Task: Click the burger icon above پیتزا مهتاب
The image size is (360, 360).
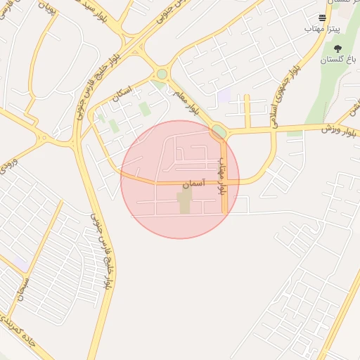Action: pos(322,18)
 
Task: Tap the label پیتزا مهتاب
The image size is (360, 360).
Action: pos(317,30)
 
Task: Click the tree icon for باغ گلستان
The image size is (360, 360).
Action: pos(338,49)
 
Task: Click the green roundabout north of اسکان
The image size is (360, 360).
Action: pos(162,73)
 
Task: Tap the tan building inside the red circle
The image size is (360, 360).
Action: pos(184,201)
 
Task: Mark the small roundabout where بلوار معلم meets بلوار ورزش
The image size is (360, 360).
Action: pos(219,131)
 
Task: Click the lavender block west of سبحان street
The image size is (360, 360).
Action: pos(22,264)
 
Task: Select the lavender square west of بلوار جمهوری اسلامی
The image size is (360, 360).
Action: pos(224,96)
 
